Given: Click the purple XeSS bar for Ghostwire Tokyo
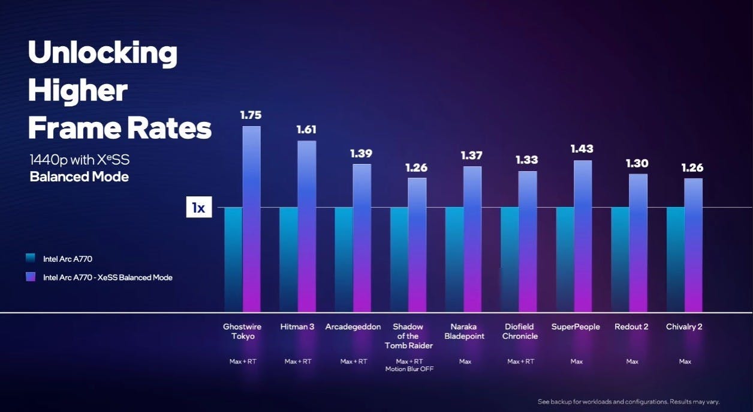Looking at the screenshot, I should click(x=252, y=219).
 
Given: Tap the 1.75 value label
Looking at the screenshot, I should click(x=251, y=115).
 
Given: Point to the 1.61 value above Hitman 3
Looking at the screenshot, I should click(x=306, y=129).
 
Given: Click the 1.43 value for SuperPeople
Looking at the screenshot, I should click(x=582, y=148).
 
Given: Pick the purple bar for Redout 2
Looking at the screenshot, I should click(x=638, y=243).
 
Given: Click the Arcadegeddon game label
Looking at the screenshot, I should click(x=353, y=327).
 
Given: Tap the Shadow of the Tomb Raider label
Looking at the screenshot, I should click(x=408, y=336).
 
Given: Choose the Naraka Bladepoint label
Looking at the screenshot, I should click(x=464, y=332).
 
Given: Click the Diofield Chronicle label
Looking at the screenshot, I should click(x=520, y=332).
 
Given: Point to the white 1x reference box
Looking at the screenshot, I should click(x=198, y=208).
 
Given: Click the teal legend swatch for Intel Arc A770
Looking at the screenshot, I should click(x=31, y=259).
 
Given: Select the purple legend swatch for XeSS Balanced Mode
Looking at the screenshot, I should click(x=31, y=277).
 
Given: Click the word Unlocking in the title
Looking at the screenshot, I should click(x=103, y=53).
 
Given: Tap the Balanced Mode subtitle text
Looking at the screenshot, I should click(x=79, y=177).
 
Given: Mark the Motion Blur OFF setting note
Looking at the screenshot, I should click(x=409, y=369).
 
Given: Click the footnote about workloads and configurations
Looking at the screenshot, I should click(x=628, y=402).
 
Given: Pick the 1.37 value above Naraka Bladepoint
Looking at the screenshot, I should click(x=472, y=156).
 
